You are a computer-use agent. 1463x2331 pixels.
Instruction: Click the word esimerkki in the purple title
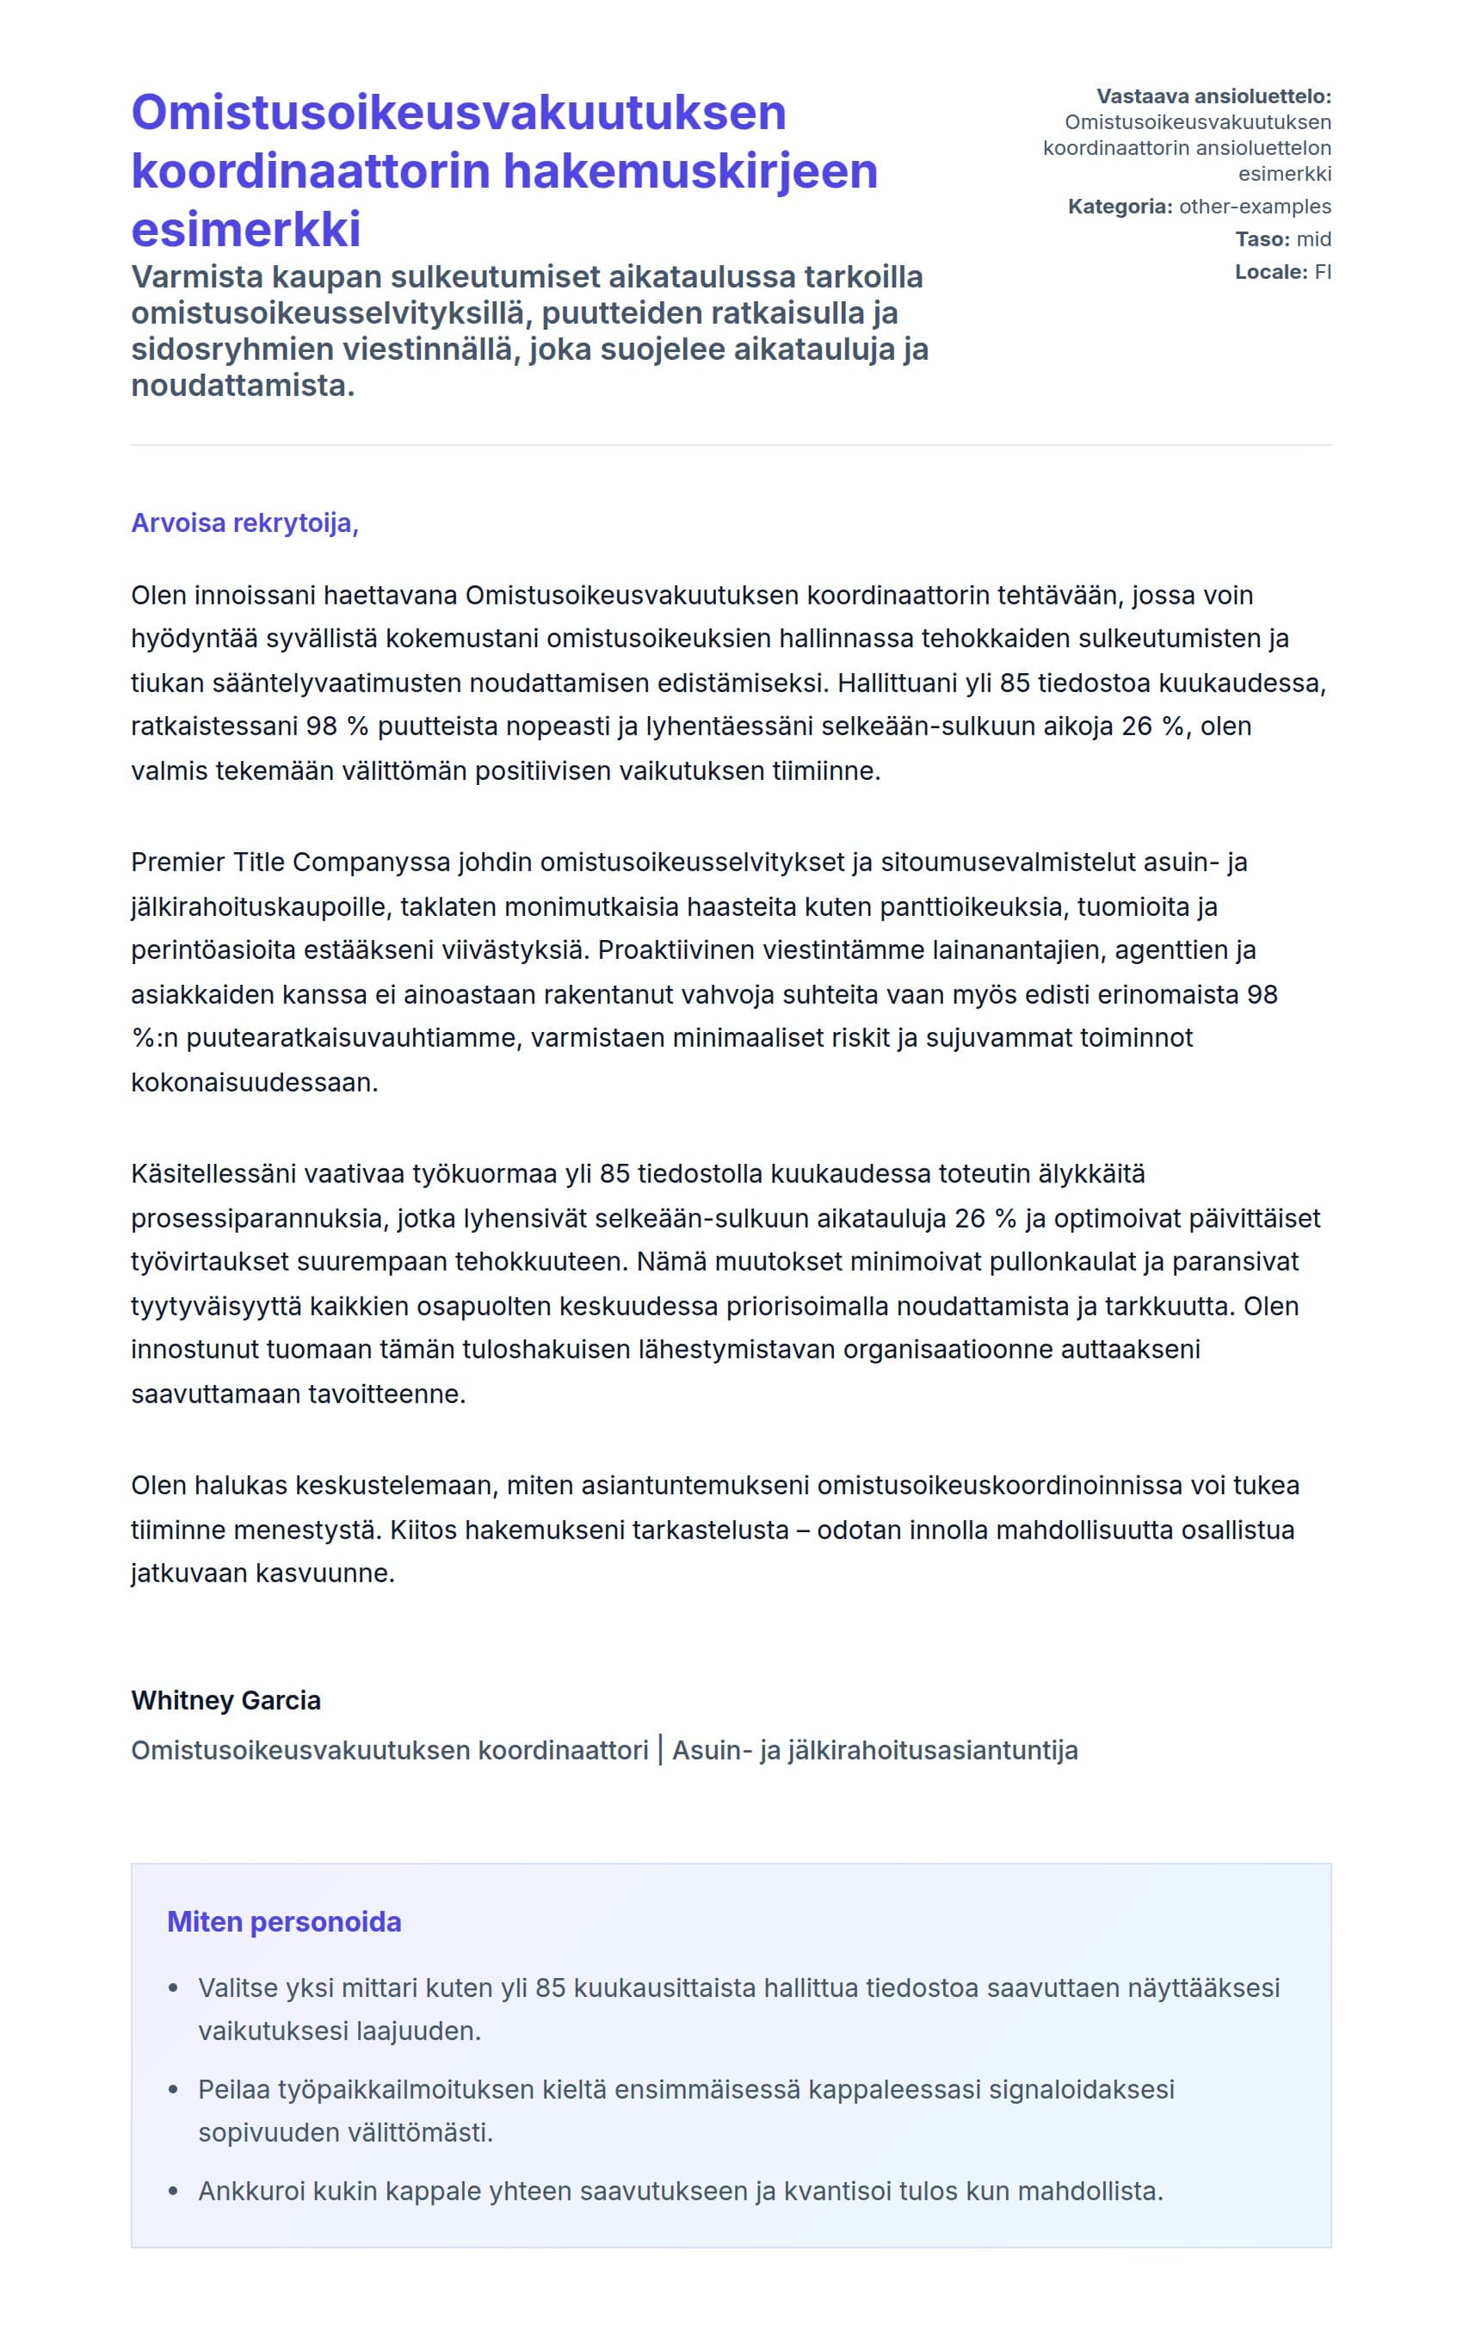coord(246,229)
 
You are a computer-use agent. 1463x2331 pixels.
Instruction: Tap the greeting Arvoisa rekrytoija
coord(244,522)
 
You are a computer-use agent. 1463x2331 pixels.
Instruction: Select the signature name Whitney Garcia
coord(225,1700)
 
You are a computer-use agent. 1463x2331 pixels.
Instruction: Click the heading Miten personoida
coord(283,1920)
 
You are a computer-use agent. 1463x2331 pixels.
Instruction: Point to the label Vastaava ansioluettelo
coord(1213,96)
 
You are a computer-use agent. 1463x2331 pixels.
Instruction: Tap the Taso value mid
coord(1313,239)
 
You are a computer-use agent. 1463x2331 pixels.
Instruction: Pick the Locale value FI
coord(1322,272)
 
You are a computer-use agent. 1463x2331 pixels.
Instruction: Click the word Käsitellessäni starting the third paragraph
coord(213,1174)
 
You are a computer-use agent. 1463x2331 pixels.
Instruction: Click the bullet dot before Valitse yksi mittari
coord(173,1988)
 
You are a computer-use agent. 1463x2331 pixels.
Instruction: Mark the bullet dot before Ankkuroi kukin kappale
coord(173,2191)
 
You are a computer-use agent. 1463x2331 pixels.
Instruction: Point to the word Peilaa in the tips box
coord(232,2089)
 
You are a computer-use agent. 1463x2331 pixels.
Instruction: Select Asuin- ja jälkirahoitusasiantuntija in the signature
coord(874,1751)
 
